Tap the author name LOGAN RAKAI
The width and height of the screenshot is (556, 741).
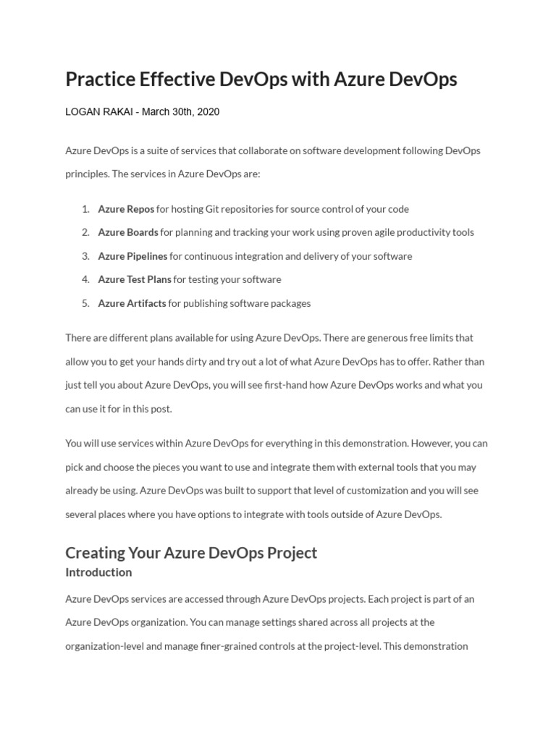(x=99, y=112)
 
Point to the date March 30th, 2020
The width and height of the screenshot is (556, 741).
(x=180, y=112)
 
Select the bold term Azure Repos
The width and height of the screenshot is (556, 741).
(x=126, y=209)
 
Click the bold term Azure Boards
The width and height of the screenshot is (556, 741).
(x=128, y=232)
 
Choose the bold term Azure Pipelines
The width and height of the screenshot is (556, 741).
(x=132, y=256)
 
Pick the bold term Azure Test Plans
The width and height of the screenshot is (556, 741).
(x=135, y=279)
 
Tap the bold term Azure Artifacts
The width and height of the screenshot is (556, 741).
(x=132, y=303)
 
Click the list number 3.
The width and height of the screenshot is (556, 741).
(x=85, y=256)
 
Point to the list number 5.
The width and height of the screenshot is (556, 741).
(x=85, y=303)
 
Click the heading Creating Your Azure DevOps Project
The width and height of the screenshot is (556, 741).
(x=191, y=553)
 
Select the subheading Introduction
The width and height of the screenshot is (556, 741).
(x=98, y=572)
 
